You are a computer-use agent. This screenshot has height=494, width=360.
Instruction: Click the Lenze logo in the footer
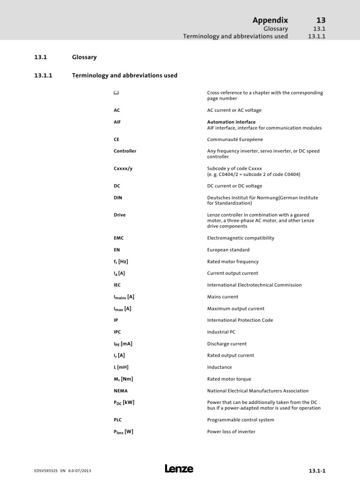click(179, 469)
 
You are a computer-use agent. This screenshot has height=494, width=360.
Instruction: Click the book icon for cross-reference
click(116, 93)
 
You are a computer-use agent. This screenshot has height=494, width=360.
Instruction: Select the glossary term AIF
click(117, 122)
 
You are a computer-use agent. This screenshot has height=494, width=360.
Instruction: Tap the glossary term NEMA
click(121, 391)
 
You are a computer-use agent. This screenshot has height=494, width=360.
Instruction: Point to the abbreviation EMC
click(119, 238)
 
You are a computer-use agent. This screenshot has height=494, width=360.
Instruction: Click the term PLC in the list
click(118, 420)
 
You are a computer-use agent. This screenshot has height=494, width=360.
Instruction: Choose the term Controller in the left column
click(125, 151)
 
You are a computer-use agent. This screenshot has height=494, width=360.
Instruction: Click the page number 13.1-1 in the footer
click(317, 471)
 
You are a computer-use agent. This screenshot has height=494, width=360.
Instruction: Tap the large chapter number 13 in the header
click(320, 20)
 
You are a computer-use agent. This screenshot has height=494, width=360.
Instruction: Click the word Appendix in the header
click(270, 20)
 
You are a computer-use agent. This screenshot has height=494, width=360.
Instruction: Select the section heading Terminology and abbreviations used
click(124, 76)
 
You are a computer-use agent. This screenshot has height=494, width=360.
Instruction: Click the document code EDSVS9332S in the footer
click(43, 471)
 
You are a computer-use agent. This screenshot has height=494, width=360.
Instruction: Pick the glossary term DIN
click(118, 197)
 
